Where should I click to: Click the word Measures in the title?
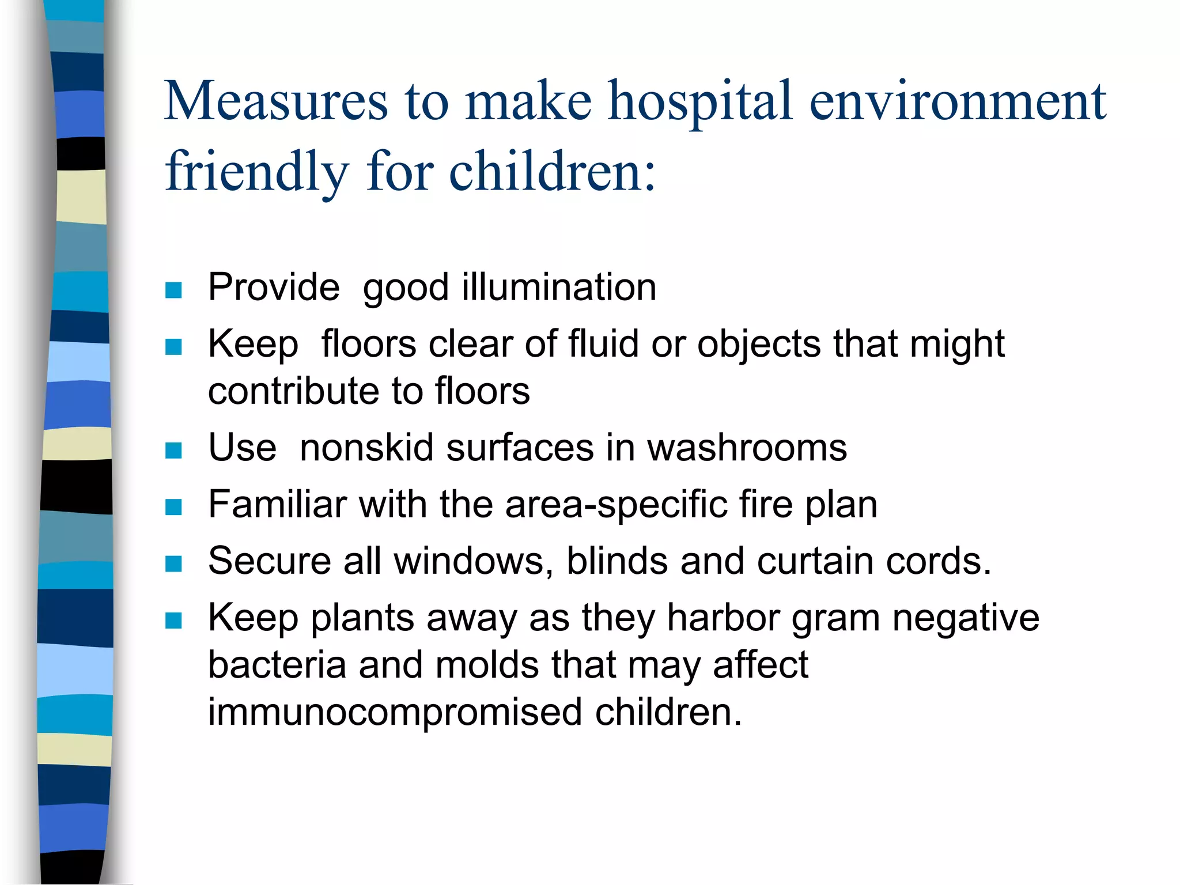pyautogui.click(x=276, y=101)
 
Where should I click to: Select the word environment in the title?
pyautogui.click(x=958, y=101)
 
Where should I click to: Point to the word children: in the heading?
pyautogui.click(x=552, y=172)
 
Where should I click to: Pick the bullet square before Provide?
pyautogui.click(x=173, y=290)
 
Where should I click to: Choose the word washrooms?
pyautogui.click(x=747, y=448)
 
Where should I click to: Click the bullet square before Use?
pyautogui.click(x=173, y=451)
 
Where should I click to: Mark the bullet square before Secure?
pyautogui.click(x=173, y=563)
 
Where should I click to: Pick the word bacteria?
pyautogui.click(x=277, y=665)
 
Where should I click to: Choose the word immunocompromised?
pyautogui.click(x=395, y=713)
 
